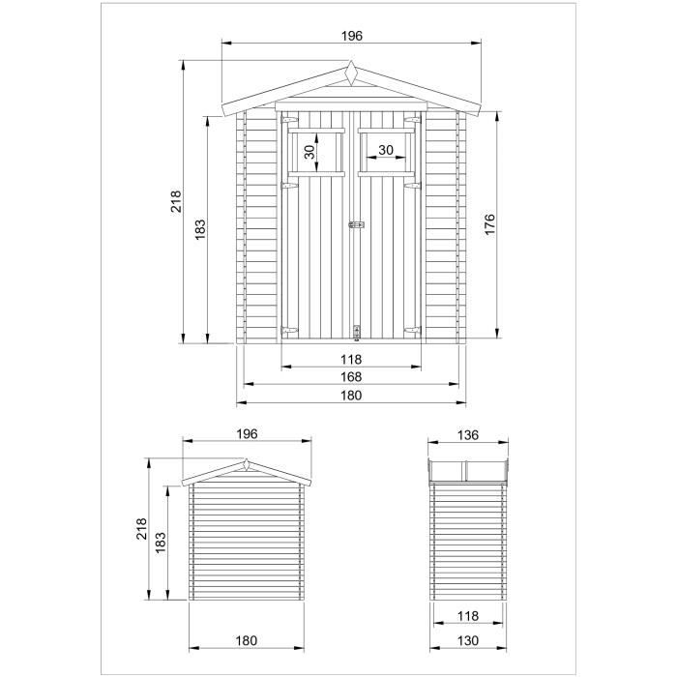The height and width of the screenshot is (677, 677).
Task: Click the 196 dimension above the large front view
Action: pos(351,36)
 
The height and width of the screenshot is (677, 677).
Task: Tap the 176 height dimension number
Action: pos(489,224)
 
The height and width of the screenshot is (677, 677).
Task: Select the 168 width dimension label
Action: pos(350,377)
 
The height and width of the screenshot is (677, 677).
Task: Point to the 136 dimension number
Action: pos(468,435)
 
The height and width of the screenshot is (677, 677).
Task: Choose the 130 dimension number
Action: pos(468,640)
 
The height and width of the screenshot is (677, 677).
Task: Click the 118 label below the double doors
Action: pos(350,359)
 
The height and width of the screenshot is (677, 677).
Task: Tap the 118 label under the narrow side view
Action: pos(468,616)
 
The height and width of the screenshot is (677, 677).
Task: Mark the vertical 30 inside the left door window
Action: pos(309,152)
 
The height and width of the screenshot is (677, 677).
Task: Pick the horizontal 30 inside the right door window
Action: pos(386,150)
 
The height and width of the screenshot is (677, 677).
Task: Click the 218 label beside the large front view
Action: pos(177,201)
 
